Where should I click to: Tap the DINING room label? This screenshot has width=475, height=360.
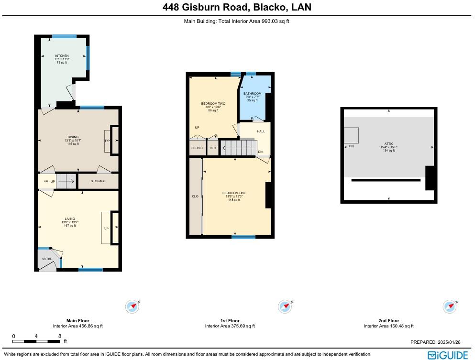[x=73, y=137]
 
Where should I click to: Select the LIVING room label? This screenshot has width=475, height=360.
[x=70, y=219]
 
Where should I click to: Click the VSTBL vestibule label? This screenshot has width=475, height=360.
[x=46, y=259]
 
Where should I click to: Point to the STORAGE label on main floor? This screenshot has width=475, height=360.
[x=98, y=181]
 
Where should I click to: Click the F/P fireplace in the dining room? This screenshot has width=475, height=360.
[x=107, y=141]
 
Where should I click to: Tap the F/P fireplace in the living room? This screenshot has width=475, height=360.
[x=106, y=229]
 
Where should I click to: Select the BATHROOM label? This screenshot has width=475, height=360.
[x=252, y=94]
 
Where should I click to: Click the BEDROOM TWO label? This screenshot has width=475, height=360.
[x=213, y=104]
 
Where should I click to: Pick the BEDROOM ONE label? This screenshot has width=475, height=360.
[x=234, y=193]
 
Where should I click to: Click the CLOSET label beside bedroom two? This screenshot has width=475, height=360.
[x=197, y=148]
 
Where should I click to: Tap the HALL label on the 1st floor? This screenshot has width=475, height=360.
[x=261, y=131]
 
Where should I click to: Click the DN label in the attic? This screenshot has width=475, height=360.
[x=351, y=146]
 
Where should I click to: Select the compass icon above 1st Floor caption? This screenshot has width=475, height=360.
[x=285, y=306]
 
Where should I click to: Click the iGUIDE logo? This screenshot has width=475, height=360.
[x=448, y=355]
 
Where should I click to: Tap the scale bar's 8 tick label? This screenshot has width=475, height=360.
[x=59, y=336]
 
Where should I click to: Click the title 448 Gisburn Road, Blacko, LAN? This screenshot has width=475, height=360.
[x=237, y=7]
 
